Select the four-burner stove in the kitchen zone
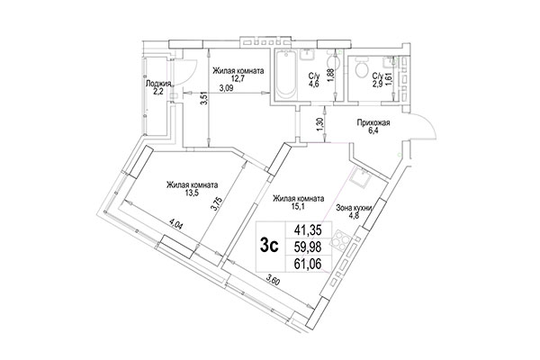click(343, 239)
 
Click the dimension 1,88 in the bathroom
click(332, 76)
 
